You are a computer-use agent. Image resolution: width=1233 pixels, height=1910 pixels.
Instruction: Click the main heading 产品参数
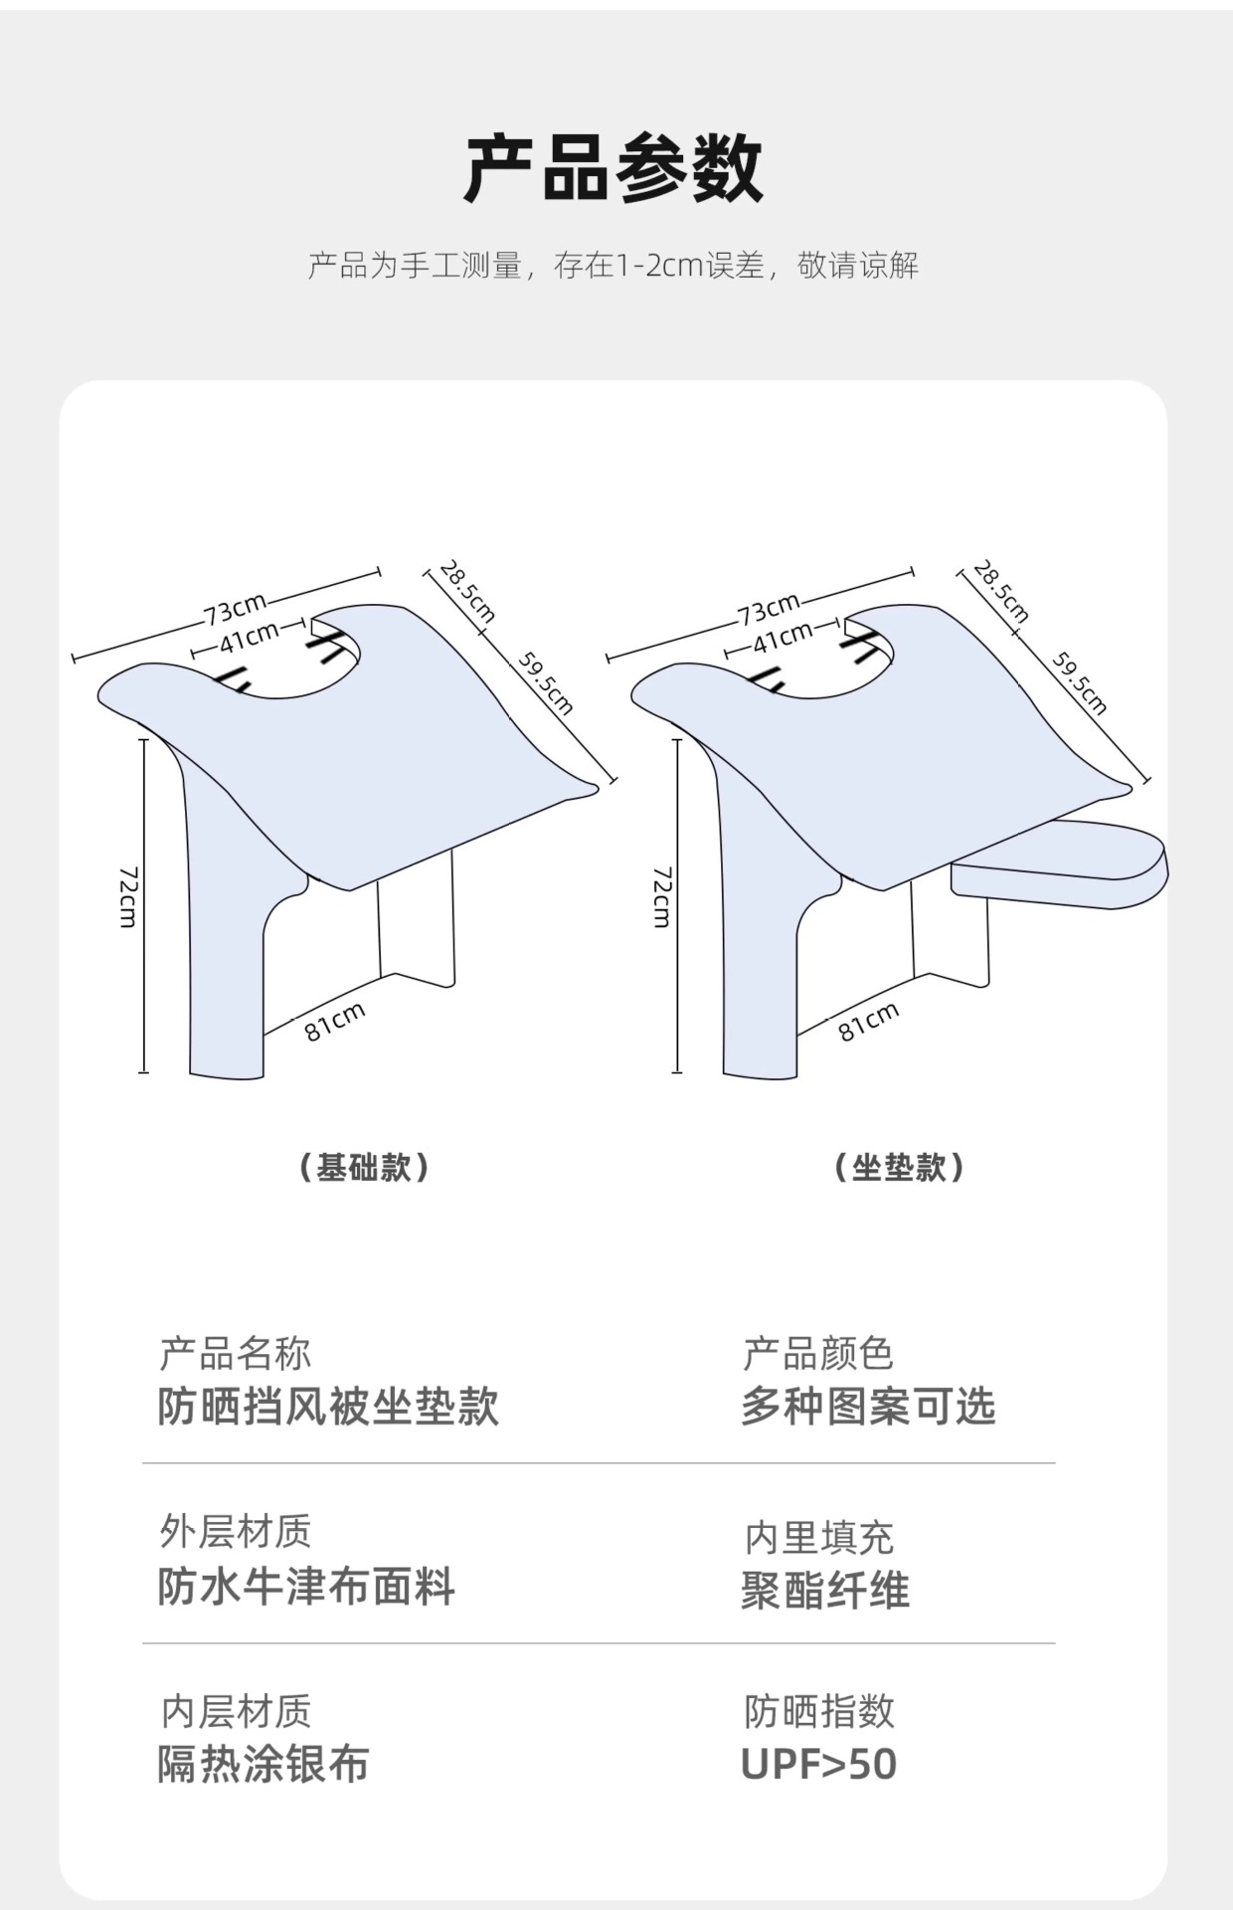pos(614,169)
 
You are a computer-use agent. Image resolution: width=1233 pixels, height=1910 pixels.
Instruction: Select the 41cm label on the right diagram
pos(782,638)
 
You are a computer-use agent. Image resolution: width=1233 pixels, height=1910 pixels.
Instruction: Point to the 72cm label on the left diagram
pos(128,896)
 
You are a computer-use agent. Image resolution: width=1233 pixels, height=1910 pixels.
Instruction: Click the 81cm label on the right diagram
pos(868,1022)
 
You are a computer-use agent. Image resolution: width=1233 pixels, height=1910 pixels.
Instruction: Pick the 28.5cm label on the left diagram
pos(467,591)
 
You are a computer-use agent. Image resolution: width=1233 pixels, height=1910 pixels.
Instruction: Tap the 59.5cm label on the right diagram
pos(1080,683)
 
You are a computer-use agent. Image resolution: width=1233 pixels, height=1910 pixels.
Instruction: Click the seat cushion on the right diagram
pos(1060,862)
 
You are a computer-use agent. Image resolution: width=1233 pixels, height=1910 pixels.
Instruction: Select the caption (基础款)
pos(364,1167)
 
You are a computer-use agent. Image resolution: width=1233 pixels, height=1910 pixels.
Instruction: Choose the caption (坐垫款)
pos(899,1167)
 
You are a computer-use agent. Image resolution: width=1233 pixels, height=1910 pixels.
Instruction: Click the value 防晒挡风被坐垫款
pos(328,1407)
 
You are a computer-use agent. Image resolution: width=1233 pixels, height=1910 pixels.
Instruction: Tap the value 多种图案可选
pos(867,1407)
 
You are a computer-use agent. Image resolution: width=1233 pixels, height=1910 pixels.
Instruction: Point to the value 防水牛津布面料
pos(306,1586)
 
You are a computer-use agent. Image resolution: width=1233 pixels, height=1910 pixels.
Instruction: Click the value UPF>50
pos(818,1765)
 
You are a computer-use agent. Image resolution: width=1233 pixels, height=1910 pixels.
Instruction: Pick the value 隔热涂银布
pos(264,1765)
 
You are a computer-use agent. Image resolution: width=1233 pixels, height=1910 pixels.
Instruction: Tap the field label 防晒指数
pos(819,1712)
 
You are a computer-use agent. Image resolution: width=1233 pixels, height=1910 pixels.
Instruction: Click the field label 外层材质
pos(236,1532)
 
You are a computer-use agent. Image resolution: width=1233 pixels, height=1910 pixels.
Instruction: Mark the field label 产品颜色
pos(818,1354)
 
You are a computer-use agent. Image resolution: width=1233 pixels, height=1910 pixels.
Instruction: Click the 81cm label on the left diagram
pos(335,1022)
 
